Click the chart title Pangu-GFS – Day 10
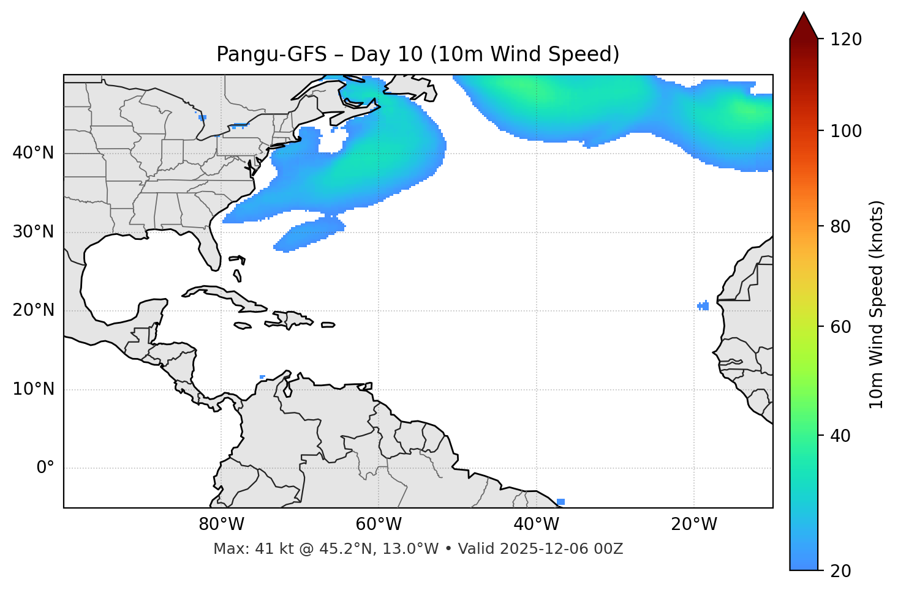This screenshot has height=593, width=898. pyautogui.click(x=418, y=54)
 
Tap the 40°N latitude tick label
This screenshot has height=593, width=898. pyautogui.click(x=33, y=153)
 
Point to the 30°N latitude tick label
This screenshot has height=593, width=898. pyautogui.click(x=33, y=232)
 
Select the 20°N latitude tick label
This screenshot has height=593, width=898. pyautogui.click(x=33, y=310)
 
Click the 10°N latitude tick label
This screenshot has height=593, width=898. pyautogui.click(x=33, y=389)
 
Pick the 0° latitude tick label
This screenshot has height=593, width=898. pyautogui.click(x=45, y=468)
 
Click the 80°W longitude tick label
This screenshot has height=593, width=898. pyautogui.click(x=221, y=524)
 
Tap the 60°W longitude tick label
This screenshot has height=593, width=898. pyautogui.click(x=379, y=524)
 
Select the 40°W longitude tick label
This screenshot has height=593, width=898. pyautogui.click(x=536, y=524)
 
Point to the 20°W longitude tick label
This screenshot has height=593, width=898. pyautogui.click(x=693, y=524)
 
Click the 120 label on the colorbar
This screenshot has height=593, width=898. pyautogui.click(x=845, y=40)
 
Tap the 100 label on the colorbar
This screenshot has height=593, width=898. pyautogui.click(x=845, y=131)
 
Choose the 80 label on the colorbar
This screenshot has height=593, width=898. pyautogui.click(x=840, y=227)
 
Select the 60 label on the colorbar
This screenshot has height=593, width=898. pyautogui.click(x=840, y=327)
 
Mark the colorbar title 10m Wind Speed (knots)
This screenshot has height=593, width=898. pyautogui.click(x=877, y=304)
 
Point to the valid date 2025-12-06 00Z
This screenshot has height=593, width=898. pyautogui.click(x=561, y=549)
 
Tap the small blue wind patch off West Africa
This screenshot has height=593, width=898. pyautogui.click(x=703, y=306)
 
